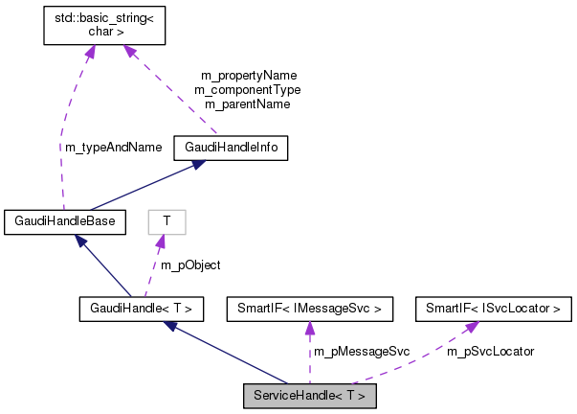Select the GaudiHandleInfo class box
point(231,148)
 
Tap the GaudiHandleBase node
point(64,222)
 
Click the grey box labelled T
point(166,222)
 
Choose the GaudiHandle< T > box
point(141,309)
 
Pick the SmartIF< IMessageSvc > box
point(309,309)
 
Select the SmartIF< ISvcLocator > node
point(494,309)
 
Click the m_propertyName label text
point(249,75)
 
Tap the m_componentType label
point(248,89)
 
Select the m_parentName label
point(248,103)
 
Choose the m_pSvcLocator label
point(490,352)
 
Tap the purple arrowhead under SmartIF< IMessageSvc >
point(309,328)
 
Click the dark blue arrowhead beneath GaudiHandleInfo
point(195,165)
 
